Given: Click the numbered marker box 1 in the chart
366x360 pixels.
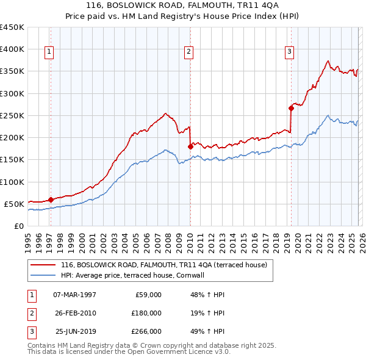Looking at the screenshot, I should (49, 52).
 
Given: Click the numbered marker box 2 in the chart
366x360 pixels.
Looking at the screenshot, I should (189, 52).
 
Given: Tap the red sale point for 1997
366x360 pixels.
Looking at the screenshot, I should (51, 199).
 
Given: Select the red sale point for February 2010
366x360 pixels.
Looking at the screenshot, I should (190, 146).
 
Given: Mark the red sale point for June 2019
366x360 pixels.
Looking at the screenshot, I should (291, 108).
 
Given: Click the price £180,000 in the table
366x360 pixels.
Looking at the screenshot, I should (146, 313).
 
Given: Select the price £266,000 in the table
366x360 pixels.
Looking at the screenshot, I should (146, 331).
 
